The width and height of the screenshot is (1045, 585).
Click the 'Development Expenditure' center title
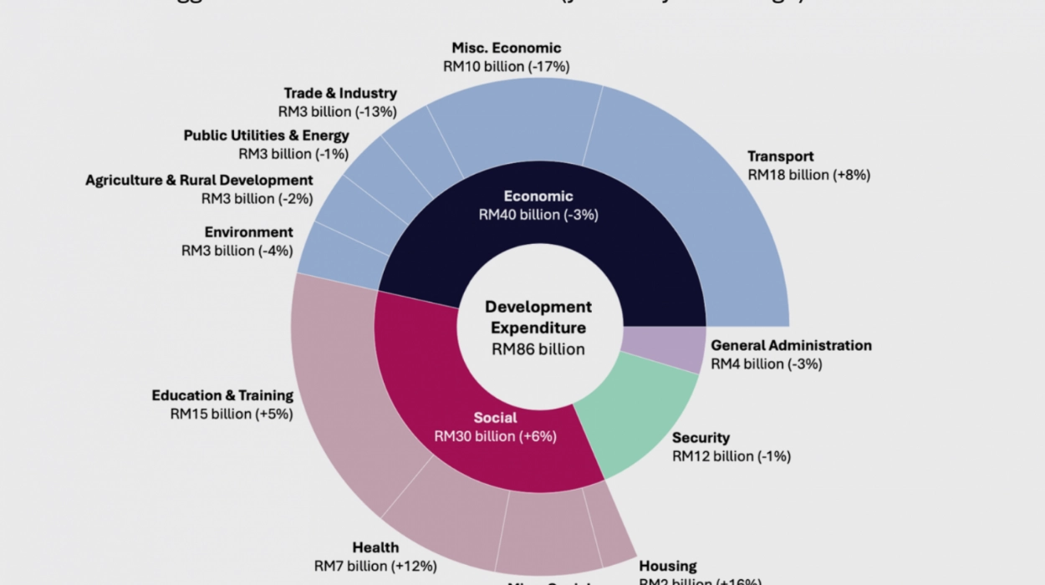pyautogui.click(x=538, y=318)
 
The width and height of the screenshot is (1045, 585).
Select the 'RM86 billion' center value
pyautogui.click(x=538, y=349)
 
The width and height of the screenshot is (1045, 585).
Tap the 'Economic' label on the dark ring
pyautogui.click(x=538, y=196)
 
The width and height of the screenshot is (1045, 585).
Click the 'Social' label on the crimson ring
pyautogui.click(x=495, y=418)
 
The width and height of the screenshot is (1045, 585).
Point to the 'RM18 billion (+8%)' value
pyautogui.click(x=808, y=175)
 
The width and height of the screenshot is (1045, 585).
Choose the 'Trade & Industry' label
pyautogui.click(x=340, y=93)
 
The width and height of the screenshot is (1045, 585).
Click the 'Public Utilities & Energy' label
pyautogui.click(x=267, y=135)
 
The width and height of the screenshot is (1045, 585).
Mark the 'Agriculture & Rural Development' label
pyautogui.click(x=199, y=181)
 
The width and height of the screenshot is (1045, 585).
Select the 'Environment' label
pyautogui.click(x=249, y=232)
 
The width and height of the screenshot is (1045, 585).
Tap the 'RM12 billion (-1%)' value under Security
pyautogui.click(x=731, y=456)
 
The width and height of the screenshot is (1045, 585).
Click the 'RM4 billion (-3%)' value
pyautogui.click(x=767, y=364)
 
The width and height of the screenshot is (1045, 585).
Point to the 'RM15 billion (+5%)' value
pyautogui.click(x=232, y=414)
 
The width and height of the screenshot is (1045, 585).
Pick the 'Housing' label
pyautogui.click(x=668, y=566)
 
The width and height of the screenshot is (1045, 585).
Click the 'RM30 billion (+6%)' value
pyautogui.click(x=495, y=436)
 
